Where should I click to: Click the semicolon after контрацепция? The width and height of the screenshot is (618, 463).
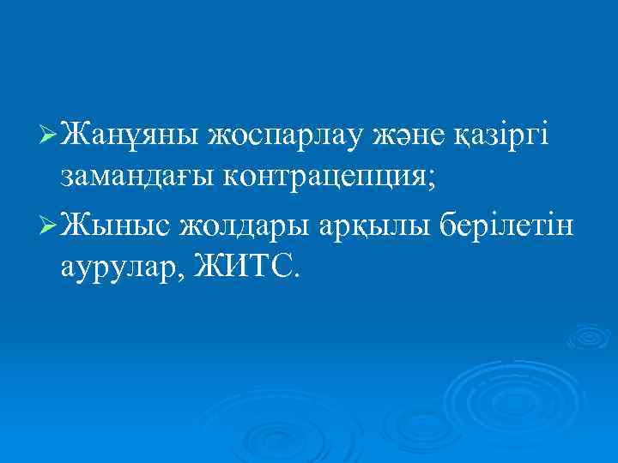[433, 179]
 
